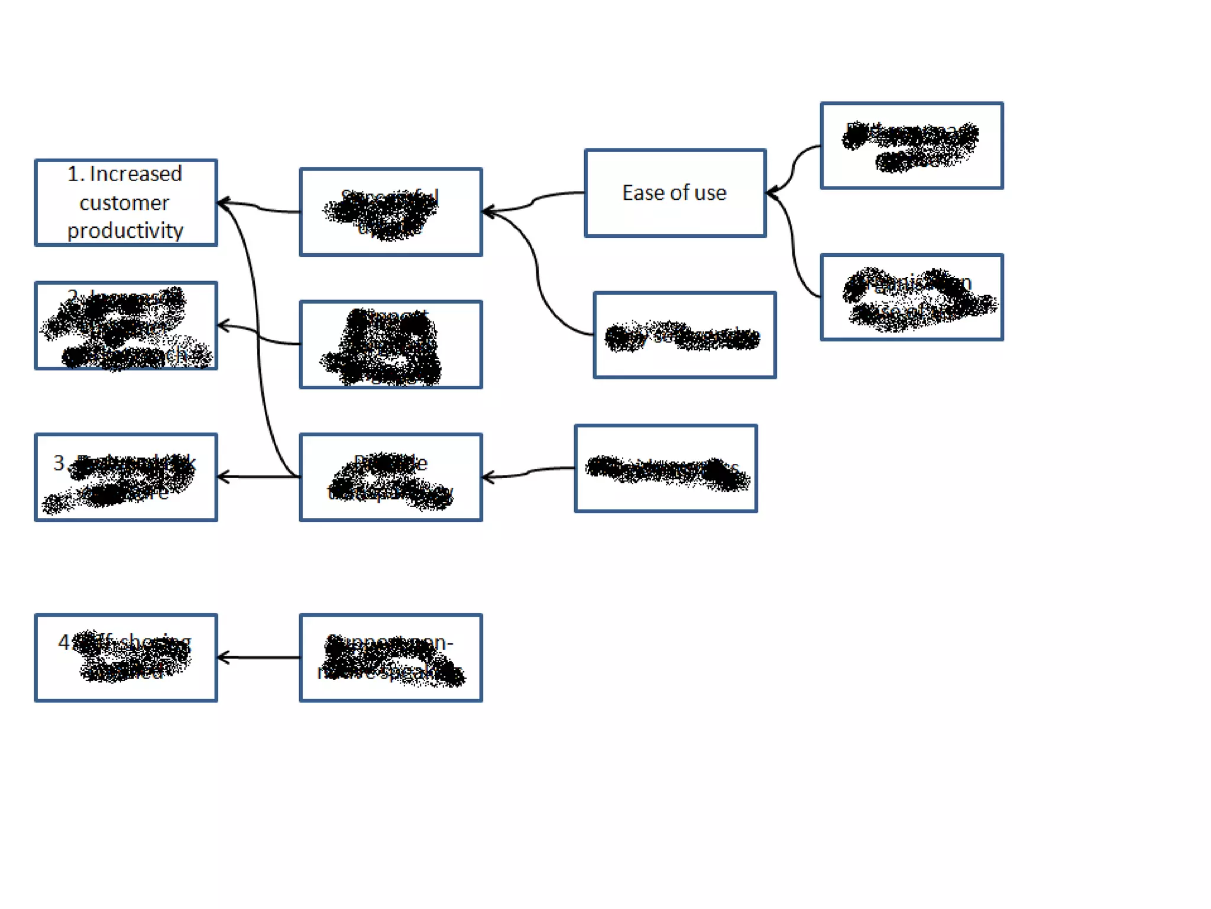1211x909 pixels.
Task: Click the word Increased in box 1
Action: coord(135,174)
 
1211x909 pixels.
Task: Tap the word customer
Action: coord(124,203)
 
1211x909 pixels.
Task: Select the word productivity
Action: coord(125,231)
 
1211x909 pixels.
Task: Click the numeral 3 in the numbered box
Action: coord(59,463)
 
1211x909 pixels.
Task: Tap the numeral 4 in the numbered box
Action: coord(64,642)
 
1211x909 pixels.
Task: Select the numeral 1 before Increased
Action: coord(73,174)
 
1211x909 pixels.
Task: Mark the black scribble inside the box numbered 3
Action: coord(127,482)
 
